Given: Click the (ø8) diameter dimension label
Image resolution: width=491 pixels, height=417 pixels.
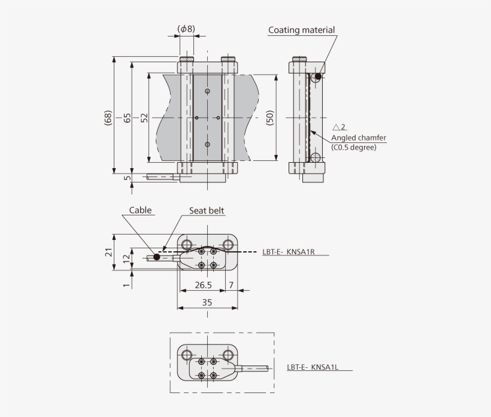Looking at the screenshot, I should [x=186, y=28].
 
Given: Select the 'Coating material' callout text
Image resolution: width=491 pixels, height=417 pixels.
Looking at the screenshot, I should [x=301, y=30].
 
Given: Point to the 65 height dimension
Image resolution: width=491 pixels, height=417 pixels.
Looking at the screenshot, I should [x=126, y=117].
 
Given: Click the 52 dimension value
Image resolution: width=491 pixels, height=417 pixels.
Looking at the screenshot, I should [x=144, y=117].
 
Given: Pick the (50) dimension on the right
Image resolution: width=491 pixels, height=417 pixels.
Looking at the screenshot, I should [x=269, y=117].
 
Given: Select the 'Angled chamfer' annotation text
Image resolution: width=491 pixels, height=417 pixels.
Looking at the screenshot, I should [x=358, y=138].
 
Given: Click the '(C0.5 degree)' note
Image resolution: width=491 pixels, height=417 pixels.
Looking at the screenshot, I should [x=353, y=147].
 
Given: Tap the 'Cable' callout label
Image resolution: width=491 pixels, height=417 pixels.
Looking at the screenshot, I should [x=141, y=210].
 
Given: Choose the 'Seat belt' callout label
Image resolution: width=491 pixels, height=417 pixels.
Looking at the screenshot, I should [x=207, y=211].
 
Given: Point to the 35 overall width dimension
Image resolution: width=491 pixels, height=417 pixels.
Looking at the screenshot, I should [x=207, y=303].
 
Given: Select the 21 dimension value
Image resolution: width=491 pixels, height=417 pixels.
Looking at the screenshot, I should [x=108, y=252].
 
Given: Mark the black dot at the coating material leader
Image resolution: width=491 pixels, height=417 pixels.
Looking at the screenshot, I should [x=317, y=77].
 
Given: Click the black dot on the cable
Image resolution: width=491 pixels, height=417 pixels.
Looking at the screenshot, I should [x=156, y=257].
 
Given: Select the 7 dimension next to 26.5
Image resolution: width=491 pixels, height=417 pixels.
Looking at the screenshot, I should [x=231, y=285].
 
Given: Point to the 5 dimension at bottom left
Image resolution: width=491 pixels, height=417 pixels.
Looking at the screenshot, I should [x=126, y=178].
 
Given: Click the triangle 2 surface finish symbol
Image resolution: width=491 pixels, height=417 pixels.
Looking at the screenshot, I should [x=339, y=127].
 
